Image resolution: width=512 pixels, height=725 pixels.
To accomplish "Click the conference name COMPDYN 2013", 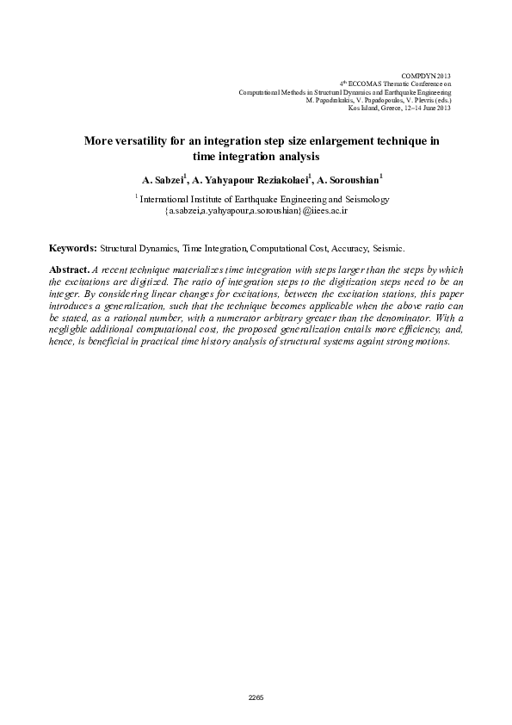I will coord(427,77).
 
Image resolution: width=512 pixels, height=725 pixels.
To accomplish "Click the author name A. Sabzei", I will coord(163,181).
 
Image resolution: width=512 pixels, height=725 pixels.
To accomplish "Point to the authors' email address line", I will coord(255,209).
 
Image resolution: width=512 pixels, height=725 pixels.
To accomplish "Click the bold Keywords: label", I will coord(73,247).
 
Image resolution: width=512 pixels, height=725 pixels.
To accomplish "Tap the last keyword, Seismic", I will coord(387,247).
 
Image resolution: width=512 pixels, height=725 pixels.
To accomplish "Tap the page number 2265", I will coord(256,697).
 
